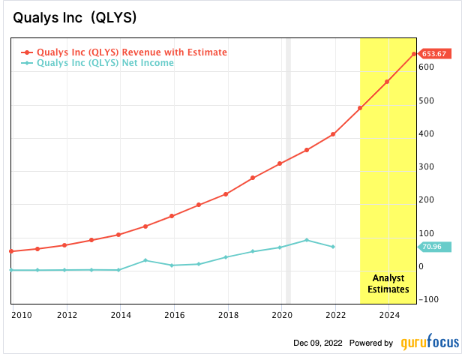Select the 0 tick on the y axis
coord(422,267)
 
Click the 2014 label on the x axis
coord(120,315)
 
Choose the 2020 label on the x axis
coord(281,315)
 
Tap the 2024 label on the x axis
coord(388,315)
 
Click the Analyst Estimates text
coord(387,283)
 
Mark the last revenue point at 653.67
coord(414,54)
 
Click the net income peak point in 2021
coord(307,240)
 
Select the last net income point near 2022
coord(333,247)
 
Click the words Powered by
coord(372,343)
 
